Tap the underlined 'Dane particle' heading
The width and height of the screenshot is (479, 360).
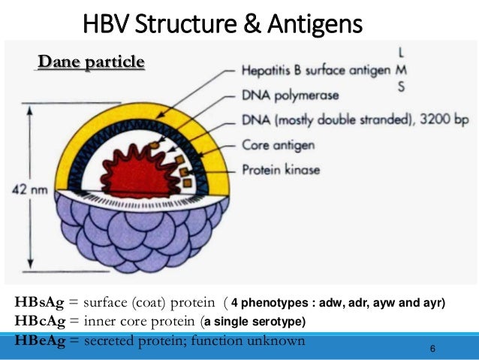(x=91, y=62)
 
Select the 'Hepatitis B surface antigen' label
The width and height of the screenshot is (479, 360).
(x=314, y=71)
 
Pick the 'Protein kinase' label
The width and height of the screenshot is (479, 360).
(x=282, y=170)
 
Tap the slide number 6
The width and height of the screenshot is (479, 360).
(x=433, y=349)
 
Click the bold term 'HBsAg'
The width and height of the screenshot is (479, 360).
(x=39, y=304)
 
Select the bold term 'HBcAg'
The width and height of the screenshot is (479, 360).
(x=39, y=322)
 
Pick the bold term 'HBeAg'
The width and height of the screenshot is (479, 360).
(x=39, y=340)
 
